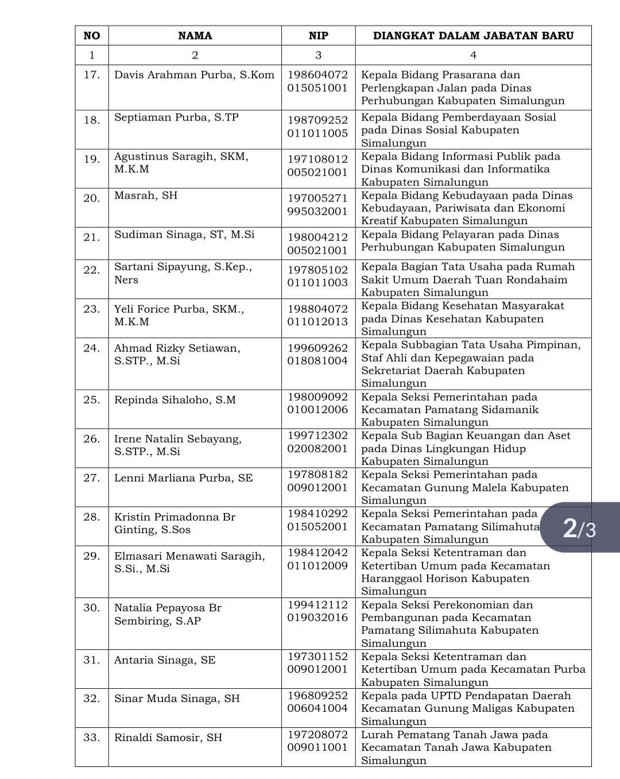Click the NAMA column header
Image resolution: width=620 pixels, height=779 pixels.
coord(195,36)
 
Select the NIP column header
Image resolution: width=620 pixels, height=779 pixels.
coord(318,36)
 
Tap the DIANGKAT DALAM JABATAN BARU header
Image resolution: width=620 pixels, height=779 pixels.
coord(473,36)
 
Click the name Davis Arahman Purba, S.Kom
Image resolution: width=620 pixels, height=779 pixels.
coord(194,75)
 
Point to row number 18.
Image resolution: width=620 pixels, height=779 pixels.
coord(92,120)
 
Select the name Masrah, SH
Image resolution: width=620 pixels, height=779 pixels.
coord(146,196)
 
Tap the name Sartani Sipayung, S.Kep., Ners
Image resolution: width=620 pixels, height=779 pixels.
coord(183,273)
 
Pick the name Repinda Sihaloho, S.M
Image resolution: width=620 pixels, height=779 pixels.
coord(175,400)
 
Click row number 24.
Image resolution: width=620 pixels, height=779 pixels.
coord(92,348)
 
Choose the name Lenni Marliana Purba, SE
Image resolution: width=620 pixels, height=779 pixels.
coord(183,478)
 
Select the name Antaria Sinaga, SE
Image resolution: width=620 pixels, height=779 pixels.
coord(165,660)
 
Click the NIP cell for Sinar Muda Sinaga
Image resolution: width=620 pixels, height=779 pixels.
coord(317,702)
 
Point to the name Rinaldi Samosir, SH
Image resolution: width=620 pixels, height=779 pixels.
coord(168,738)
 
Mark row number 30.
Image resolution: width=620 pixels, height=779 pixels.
coord(92,608)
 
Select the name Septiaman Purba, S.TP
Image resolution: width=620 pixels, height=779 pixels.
coord(176,118)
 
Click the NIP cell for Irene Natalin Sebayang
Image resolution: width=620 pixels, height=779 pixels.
coord(317,442)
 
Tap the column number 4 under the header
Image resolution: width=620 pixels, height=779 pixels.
coord(473,55)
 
